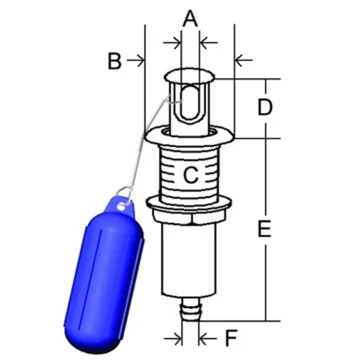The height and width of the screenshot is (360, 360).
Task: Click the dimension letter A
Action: [190, 18]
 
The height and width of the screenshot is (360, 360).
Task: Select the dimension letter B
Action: [114, 61]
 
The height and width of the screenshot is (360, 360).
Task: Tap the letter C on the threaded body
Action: [191, 175]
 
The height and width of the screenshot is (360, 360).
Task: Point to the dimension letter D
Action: [265, 107]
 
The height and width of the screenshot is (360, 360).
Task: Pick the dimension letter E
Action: [264, 229]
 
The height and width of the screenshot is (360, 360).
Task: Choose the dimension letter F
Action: [231, 339]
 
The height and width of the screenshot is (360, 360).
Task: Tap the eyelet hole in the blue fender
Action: [122, 207]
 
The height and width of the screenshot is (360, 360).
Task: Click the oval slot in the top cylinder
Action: [190, 104]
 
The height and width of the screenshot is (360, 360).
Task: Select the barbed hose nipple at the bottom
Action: [190, 309]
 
